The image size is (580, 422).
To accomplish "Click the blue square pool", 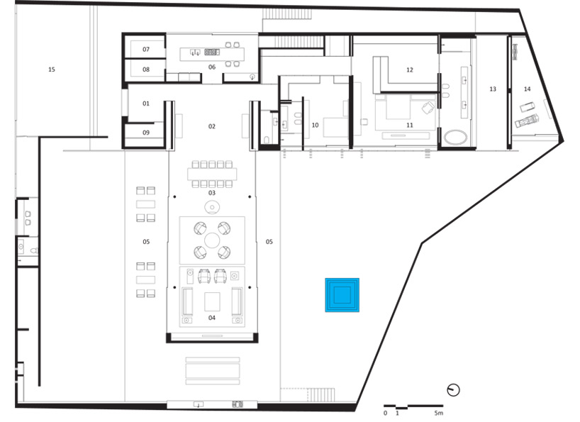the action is (342, 295).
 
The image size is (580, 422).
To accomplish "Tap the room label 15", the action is (52, 70).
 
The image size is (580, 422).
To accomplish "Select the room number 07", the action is (146, 49).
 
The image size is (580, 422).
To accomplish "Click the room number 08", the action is (146, 70).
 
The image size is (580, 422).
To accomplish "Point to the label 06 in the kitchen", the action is (211, 67).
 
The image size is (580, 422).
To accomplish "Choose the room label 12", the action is (410, 70).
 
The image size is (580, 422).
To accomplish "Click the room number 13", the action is (493, 89).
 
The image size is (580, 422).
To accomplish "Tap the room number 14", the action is (527, 89).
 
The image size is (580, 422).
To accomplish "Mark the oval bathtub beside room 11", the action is (455, 137).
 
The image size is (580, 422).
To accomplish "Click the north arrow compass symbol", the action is (454, 390).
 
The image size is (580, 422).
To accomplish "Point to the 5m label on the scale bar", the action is (438, 413).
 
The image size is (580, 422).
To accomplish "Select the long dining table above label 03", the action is (212, 174).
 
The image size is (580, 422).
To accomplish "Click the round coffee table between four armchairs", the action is (212, 240).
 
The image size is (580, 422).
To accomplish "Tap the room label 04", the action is (211, 317).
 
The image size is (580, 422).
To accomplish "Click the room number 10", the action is (315, 125).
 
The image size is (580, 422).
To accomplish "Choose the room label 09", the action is (146, 133).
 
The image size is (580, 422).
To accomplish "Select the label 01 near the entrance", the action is (146, 104).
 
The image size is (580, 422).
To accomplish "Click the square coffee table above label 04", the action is (212, 302).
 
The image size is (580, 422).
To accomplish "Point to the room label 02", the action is (211, 126).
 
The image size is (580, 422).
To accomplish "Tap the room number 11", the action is (410, 125).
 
